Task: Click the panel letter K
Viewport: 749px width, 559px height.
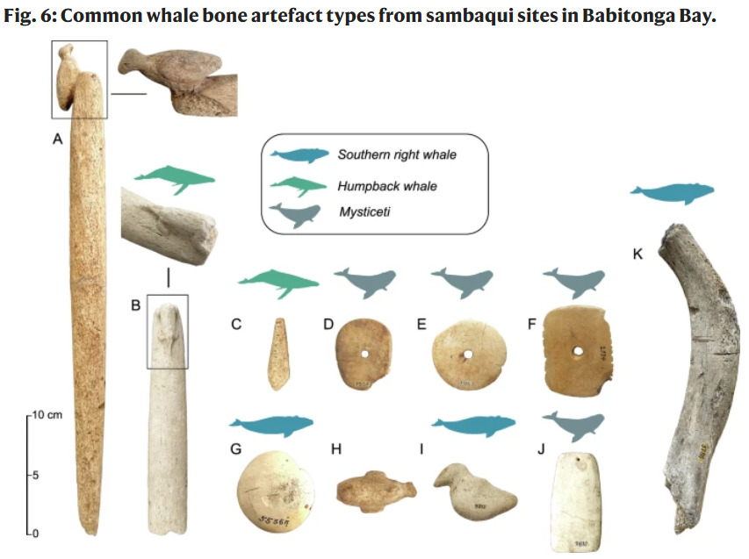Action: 637,254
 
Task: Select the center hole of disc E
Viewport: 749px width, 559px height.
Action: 467,355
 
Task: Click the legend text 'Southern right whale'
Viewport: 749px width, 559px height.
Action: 397,154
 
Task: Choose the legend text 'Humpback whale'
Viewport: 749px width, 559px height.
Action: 387,186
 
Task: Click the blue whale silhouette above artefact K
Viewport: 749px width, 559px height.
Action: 672,192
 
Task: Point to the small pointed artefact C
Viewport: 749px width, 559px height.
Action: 277,353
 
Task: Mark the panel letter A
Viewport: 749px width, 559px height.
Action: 58,139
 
